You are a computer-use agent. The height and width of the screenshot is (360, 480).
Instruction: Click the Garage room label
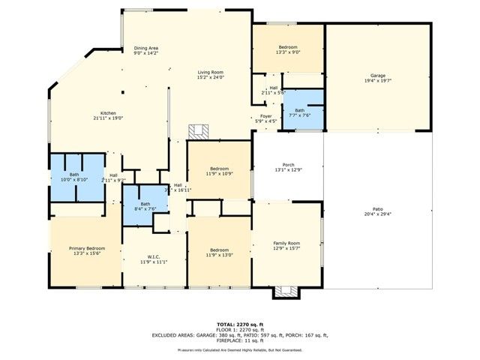pyautogui.click(x=377, y=76)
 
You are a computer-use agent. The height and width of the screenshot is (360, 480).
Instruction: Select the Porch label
pyautogui.click(x=288, y=165)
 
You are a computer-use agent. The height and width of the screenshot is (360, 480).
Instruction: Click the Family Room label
pyautogui.click(x=286, y=244)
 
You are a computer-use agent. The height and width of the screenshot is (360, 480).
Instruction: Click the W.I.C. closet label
pyautogui.click(x=153, y=258)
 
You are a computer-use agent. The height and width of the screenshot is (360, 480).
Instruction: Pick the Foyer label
pyautogui.click(x=265, y=116)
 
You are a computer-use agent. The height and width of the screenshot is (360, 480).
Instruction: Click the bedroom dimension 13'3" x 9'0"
pyautogui.click(x=288, y=52)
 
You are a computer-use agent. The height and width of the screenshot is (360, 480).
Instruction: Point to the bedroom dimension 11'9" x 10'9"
pyautogui.click(x=219, y=174)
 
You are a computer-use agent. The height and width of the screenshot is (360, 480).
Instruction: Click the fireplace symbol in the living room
pyautogui.click(x=197, y=130)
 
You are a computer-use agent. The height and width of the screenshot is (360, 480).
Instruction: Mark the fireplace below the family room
pyautogui.click(x=286, y=292)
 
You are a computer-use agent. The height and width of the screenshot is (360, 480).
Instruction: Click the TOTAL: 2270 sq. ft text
pyautogui.click(x=240, y=323)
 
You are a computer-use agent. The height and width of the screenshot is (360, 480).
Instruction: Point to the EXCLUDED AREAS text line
pyautogui.click(x=240, y=335)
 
